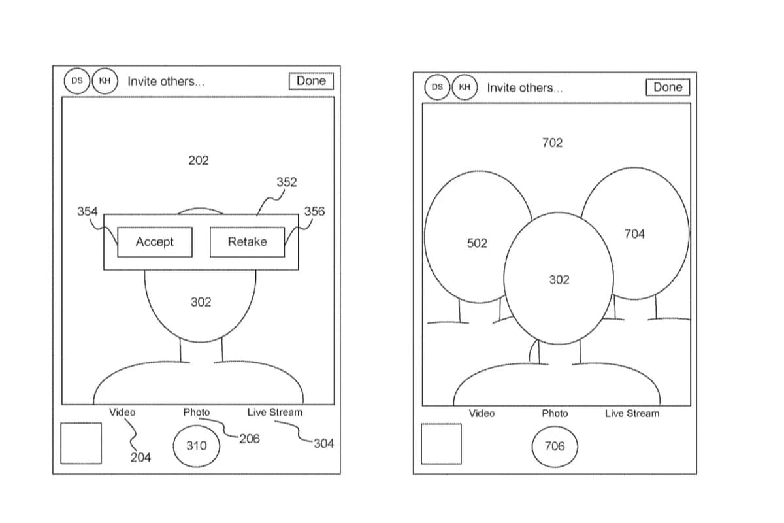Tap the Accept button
(x=155, y=242)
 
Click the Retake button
(x=247, y=242)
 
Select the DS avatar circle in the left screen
(x=77, y=81)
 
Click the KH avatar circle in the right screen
(x=465, y=87)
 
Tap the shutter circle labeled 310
(x=197, y=446)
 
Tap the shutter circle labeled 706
(x=555, y=447)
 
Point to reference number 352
(x=287, y=182)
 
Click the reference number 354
(x=87, y=211)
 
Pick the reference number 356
(x=314, y=211)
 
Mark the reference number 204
(x=140, y=457)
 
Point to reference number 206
(x=250, y=439)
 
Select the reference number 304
(x=324, y=443)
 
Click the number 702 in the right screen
(x=552, y=143)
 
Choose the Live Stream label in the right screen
(x=632, y=413)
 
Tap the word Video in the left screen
(x=122, y=413)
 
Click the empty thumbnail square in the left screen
(x=81, y=443)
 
